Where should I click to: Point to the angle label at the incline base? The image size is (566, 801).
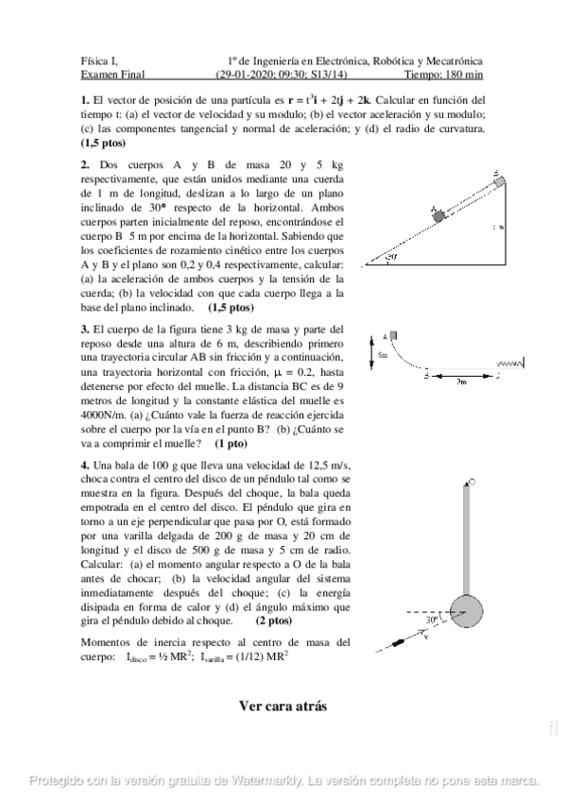coord(390,255)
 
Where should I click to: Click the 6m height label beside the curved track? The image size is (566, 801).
coord(383,354)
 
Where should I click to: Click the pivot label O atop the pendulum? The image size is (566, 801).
coord(472,482)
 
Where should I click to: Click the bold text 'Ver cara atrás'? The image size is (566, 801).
coord(283,706)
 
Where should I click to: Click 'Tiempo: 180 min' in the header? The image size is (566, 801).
coord(443,73)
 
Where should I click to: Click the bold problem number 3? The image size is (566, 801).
coord(85,329)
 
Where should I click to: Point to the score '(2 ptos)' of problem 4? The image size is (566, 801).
coord(274,621)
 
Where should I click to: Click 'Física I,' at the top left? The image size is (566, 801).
coord(99,60)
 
